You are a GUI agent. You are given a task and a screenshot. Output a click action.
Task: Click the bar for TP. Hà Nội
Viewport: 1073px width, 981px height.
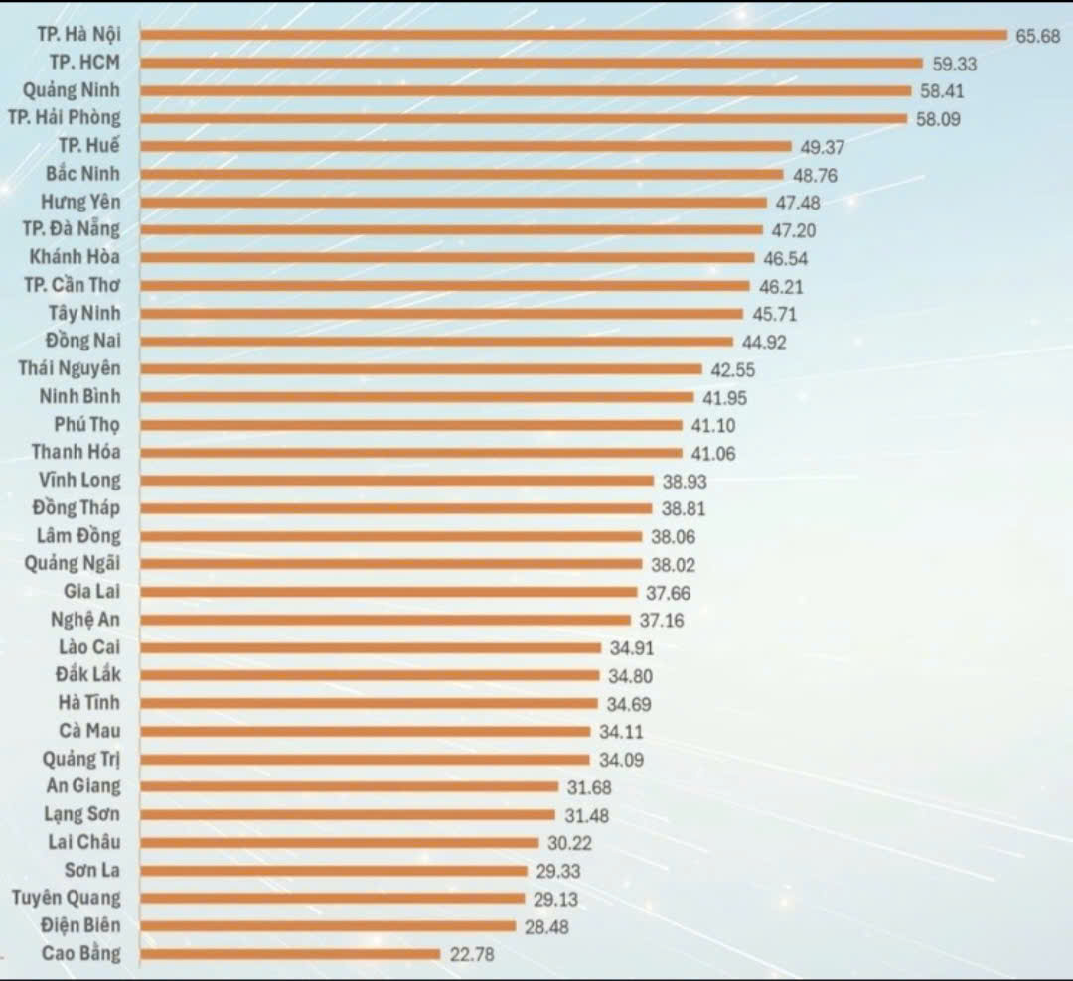coord(574,35)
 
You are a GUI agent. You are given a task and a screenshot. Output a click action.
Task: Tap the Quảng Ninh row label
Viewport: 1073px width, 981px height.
coord(72,89)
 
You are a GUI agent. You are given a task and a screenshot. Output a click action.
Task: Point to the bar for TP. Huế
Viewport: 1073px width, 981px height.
coord(466,146)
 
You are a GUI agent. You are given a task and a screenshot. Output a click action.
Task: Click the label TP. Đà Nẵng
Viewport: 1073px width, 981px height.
coord(72,229)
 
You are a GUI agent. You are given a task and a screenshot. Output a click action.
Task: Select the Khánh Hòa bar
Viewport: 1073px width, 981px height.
coord(448,257)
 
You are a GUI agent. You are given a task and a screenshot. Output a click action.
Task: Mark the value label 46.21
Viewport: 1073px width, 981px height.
coord(780,287)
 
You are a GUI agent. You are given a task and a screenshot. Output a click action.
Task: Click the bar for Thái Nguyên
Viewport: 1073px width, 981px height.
coord(421,368)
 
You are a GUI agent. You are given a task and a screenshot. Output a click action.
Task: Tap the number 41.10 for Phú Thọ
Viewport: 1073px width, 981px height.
coord(712,425)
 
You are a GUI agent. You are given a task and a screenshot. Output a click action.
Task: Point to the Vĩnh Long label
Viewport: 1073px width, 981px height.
coord(79,481)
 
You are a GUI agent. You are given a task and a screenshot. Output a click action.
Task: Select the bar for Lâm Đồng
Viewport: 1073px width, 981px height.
coord(391,536)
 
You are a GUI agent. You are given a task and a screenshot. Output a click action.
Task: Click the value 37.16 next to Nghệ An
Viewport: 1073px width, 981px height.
coord(661,621)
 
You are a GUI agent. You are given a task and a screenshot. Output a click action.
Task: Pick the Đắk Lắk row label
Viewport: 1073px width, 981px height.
coord(87,675)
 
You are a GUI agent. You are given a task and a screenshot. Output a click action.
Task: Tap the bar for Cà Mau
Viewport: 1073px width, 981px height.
coord(366,731)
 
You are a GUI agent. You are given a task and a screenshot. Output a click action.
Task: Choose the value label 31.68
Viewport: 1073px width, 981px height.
coord(588,788)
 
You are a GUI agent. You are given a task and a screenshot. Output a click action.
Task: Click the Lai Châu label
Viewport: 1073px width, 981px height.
coord(84,843)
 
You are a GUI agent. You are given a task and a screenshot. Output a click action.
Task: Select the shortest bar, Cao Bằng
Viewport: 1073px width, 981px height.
coord(290,954)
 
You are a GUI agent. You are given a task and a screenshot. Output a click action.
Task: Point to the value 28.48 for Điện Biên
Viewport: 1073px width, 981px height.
coord(546,926)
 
